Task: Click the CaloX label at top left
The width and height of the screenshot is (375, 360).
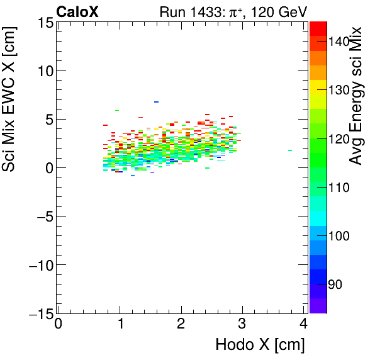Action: coord(77,11)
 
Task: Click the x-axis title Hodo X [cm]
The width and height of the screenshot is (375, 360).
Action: coord(260,345)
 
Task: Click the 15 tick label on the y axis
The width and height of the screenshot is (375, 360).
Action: coord(45,23)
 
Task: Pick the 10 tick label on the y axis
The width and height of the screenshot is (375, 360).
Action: coord(45,71)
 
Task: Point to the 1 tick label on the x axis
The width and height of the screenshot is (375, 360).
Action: coord(120,325)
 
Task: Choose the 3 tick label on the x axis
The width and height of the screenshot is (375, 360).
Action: coord(243,325)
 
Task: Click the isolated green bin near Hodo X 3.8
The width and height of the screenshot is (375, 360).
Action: coord(290,150)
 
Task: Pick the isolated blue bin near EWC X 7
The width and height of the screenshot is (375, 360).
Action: coord(156,102)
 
